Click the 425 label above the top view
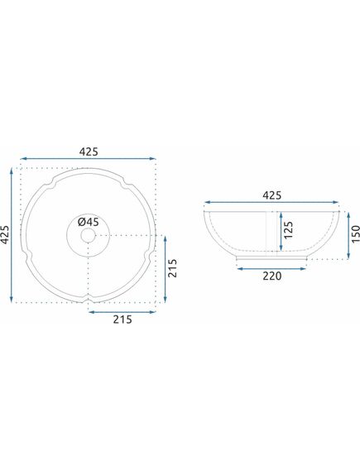click(x=89, y=151)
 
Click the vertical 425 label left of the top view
click(x=5, y=234)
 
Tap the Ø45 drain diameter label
click(x=88, y=222)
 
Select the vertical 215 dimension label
click(x=172, y=268)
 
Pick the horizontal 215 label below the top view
click(x=122, y=320)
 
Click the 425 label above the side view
click(x=272, y=195)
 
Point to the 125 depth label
click(x=288, y=230)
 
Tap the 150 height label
click(x=355, y=233)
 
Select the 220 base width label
click(x=272, y=276)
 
